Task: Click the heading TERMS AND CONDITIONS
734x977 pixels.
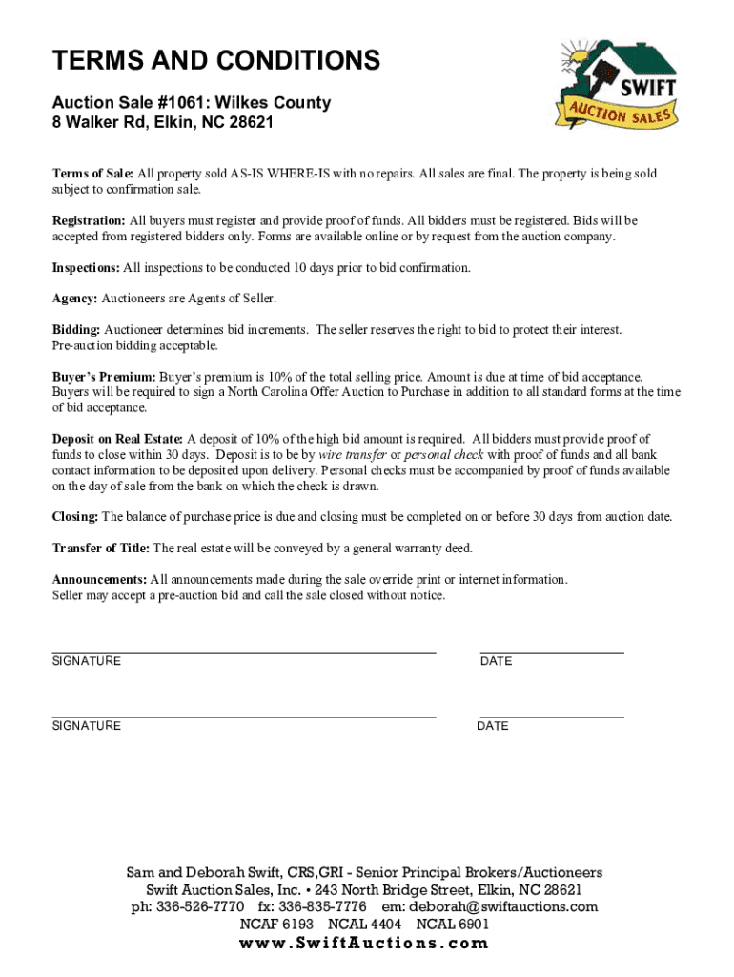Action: [x=215, y=62]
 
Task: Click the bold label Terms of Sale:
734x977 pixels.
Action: [x=92, y=174]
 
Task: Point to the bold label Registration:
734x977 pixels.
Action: [x=89, y=220]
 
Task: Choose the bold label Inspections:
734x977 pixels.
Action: [x=86, y=268]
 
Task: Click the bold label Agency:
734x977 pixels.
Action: [x=74, y=299]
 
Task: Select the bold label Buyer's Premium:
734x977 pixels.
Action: [x=104, y=377]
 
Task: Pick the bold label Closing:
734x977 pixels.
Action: [x=75, y=517]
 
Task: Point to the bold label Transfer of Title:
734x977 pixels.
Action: [x=100, y=549]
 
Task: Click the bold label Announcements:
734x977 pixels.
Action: [x=99, y=580]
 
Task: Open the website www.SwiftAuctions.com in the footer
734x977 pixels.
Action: [x=365, y=944]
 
